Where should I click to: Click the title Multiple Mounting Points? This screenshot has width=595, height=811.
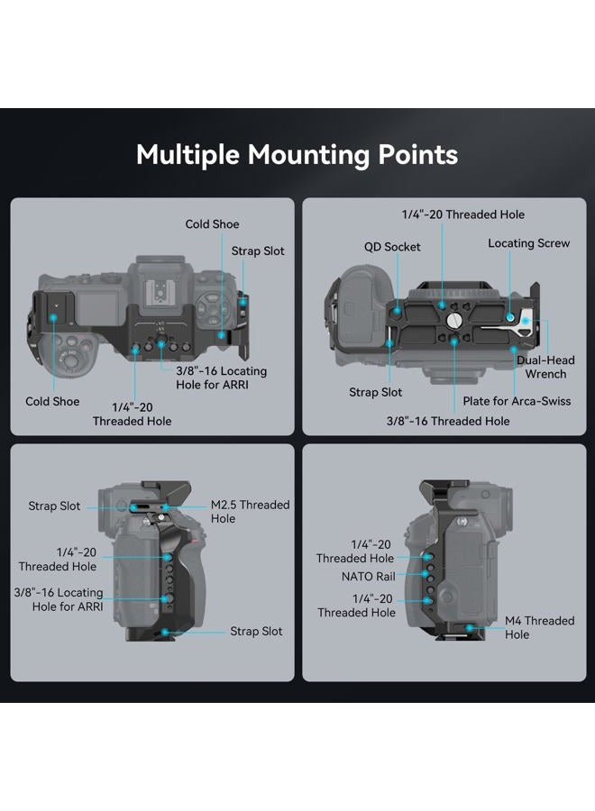(x=297, y=155)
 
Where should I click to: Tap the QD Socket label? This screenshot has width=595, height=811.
(x=392, y=247)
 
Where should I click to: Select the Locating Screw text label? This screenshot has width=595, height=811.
(x=529, y=243)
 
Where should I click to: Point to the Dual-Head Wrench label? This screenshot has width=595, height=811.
(x=545, y=367)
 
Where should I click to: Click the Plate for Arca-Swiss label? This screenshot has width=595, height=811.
(x=517, y=401)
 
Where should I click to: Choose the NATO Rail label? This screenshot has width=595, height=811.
(x=369, y=576)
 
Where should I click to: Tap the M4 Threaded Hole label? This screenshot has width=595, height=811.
(x=540, y=627)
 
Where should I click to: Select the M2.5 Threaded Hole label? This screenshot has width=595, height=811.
(x=250, y=512)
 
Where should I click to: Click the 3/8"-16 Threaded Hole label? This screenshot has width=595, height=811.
(x=448, y=421)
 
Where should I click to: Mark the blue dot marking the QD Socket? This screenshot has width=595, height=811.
(x=397, y=310)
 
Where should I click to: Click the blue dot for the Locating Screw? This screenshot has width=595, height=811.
(x=510, y=316)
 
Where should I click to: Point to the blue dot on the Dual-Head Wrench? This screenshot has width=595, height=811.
(x=526, y=321)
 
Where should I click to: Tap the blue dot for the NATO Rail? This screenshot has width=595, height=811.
(x=425, y=574)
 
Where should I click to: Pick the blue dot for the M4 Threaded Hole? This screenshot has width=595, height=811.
(x=469, y=628)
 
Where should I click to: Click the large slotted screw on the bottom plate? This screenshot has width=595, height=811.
(x=453, y=321)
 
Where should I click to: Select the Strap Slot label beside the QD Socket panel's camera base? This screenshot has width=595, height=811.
(x=376, y=392)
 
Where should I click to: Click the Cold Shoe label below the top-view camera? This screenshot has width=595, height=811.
(x=52, y=401)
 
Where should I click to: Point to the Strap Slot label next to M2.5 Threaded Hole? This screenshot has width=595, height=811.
(x=54, y=506)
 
